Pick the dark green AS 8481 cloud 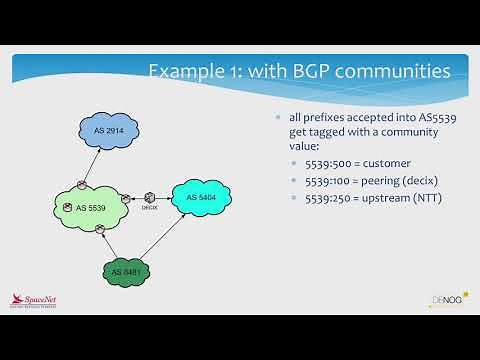(131, 271)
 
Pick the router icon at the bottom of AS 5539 (101, 230)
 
